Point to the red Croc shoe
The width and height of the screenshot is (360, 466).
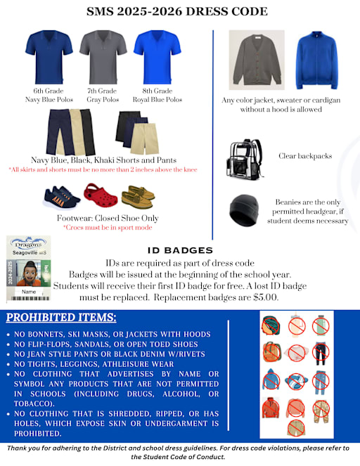98,192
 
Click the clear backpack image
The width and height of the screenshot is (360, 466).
243,159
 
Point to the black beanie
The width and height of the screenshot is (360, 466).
245,209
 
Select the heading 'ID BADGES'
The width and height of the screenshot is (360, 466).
180,250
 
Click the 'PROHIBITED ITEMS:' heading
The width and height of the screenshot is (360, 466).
62,318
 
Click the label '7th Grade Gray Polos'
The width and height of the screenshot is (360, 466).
103,96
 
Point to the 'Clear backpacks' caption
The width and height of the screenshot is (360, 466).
304,155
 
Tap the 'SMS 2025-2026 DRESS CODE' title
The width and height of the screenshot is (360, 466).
176,11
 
